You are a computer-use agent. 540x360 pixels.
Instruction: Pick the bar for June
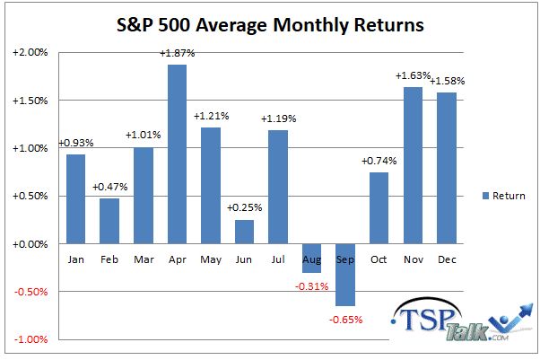coord(244,232)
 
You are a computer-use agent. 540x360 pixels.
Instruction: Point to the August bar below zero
coord(311,259)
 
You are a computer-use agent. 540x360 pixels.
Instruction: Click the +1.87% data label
coord(177,54)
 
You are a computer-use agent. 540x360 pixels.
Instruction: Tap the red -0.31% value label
coord(311,286)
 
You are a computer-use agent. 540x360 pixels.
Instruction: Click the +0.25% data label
coord(243,208)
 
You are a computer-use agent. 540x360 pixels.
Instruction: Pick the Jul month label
coord(277,259)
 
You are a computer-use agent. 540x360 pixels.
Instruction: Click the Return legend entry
coord(501,196)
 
